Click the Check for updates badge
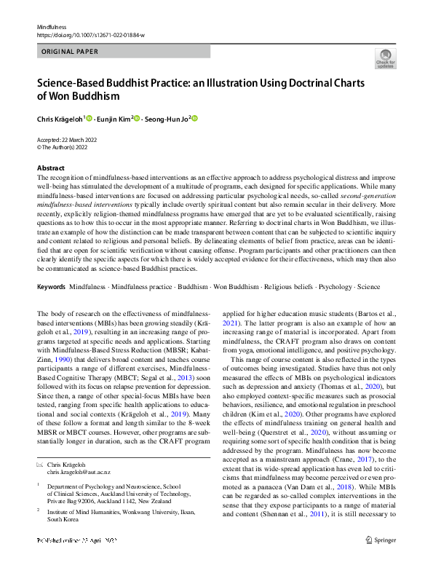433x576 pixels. [385, 60]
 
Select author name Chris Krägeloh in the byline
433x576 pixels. [60, 118]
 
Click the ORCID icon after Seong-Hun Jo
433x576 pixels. [195, 118]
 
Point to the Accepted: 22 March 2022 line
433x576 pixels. [69, 140]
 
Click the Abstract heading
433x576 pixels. [51, 167]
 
